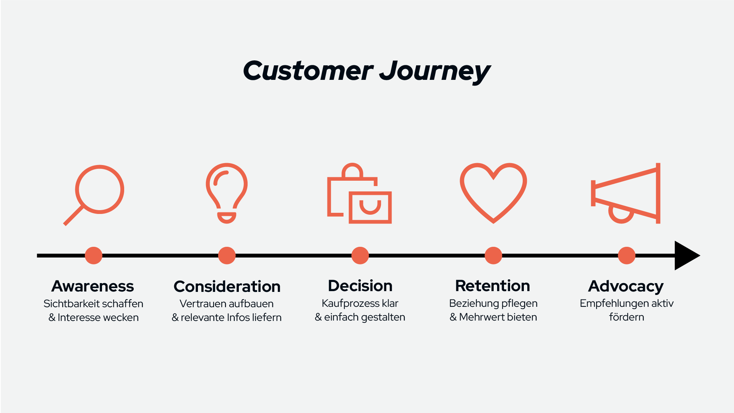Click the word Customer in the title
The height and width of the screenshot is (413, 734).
coord(308,71)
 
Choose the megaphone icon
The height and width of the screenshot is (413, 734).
coord(658,193)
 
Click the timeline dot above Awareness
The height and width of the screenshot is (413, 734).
coord(94,256)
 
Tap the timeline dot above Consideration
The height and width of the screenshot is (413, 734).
coord(227,256)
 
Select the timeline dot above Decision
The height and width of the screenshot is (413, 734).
coord(360,256)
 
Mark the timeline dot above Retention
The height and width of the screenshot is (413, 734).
coord(493,256)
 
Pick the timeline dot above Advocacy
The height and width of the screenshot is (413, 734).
coord(627,256)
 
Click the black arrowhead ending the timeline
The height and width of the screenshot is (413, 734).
coord(686,256)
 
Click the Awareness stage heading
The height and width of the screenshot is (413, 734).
coord(93,286)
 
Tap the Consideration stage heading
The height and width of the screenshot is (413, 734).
coord(227,287)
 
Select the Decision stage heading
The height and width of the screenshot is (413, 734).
coord(360,286)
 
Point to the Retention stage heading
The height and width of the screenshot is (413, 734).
coord(493,286)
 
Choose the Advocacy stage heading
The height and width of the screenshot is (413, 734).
coord(626,287)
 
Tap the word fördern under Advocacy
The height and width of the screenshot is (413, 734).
coord(627,317)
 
